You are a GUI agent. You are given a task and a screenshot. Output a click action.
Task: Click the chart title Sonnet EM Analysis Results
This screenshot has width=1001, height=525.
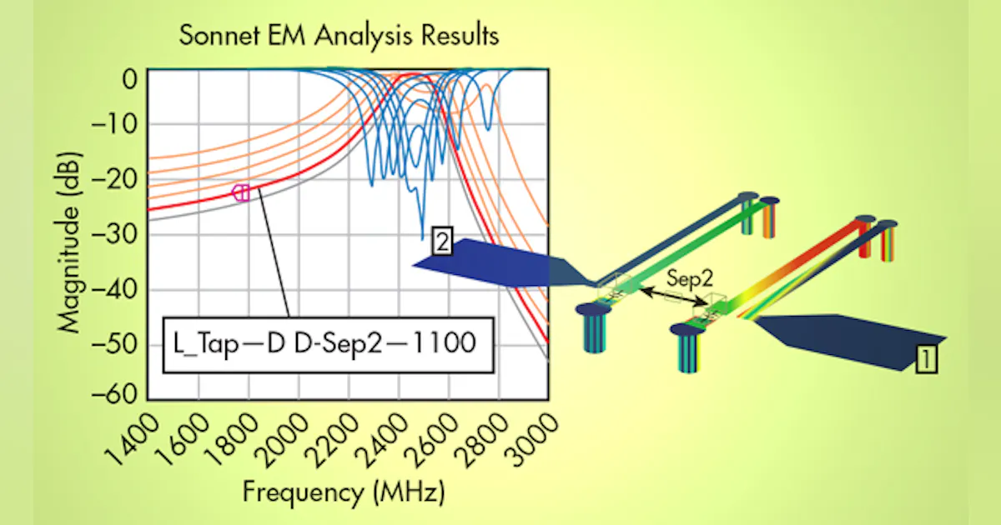coord(339,37)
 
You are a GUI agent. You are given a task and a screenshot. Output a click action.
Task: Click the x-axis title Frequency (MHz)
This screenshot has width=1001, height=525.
coord(343,492)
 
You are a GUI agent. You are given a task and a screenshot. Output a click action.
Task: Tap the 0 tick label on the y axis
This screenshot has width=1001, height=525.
coord(129,81)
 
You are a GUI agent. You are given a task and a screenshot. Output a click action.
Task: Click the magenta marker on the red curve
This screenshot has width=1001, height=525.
coord(241,192)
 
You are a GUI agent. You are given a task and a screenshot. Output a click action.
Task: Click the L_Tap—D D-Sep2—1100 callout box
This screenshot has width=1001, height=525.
coord(327,342)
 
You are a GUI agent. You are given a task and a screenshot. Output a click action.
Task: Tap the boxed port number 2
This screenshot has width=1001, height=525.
coord(442,243)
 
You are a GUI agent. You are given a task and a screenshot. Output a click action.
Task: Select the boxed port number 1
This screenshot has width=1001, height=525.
coord(926,359)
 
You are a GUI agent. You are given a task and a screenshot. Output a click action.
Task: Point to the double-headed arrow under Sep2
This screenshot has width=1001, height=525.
coord(671,301)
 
